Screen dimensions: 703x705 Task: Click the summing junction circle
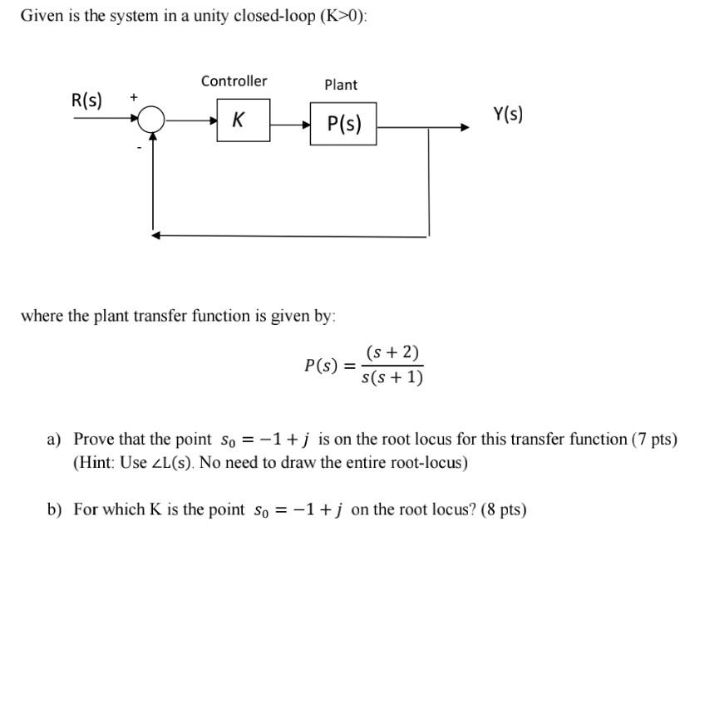(x=151, y=121)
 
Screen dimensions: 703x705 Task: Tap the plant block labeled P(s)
(x=343, y=124)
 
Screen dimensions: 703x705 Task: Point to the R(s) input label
(x=87, y=101)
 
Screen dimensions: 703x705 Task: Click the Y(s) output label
(x=508, y=114)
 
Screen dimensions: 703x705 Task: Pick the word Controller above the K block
(x=234, y=81)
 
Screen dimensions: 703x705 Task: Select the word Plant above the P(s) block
(x=341, y=85)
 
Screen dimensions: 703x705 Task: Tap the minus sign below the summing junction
(x=140, y=150)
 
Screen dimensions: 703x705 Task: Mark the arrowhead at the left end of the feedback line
(x=155, y=235)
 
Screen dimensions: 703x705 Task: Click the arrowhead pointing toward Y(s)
(x=465, y=127)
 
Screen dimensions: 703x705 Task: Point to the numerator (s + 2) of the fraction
(x=392, y=351)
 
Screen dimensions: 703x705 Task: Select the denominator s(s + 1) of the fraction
(x=392, y=378)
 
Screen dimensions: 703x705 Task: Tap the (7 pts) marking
(x=654, y=439)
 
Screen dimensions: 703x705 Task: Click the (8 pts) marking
(x=503, y=509)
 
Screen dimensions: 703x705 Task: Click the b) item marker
(x=55, y=509)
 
